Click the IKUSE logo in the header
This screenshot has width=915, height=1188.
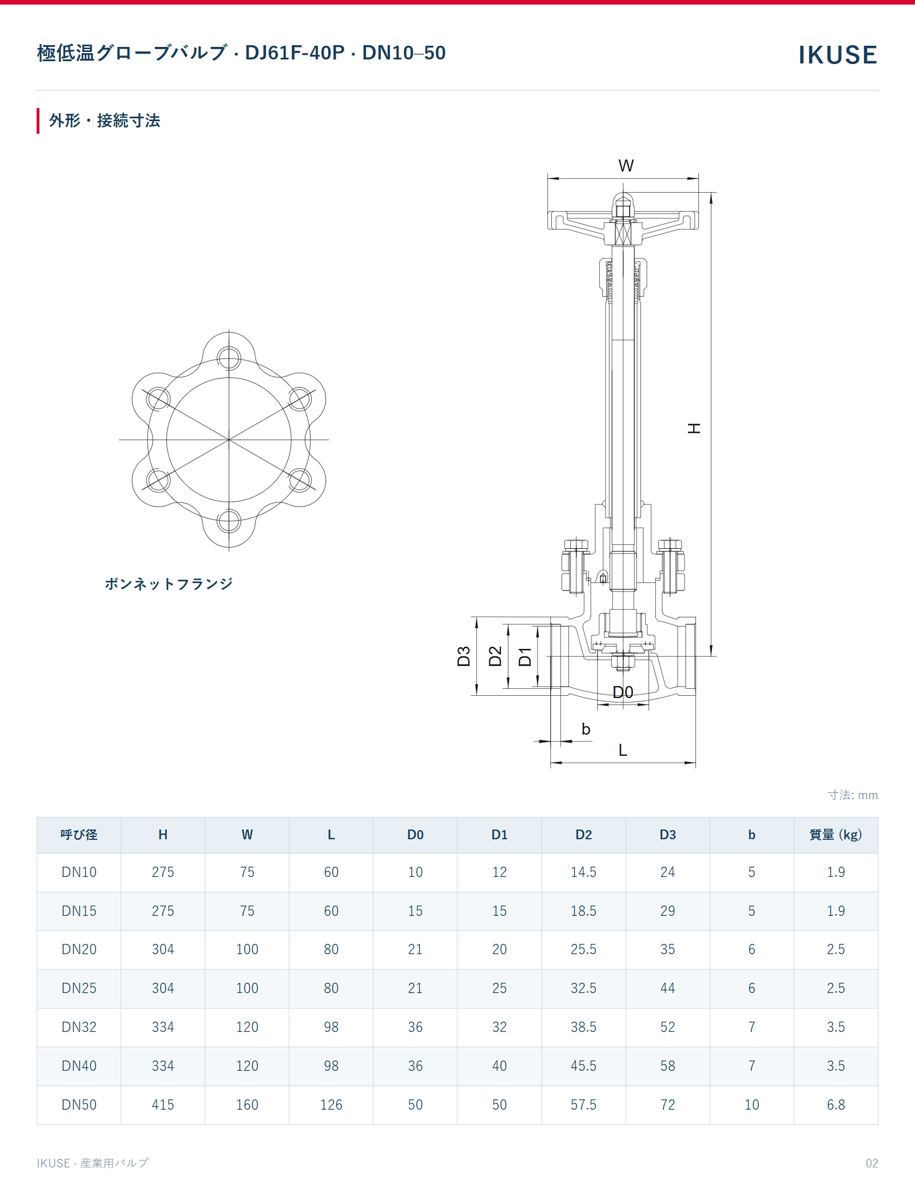pos(837,55)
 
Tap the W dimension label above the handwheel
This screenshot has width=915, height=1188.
pos(626,166)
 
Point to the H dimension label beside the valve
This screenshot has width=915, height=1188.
pos(694,428)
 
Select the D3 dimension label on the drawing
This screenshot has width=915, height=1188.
pos(464,656)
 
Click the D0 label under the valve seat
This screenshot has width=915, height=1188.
pos(623,692)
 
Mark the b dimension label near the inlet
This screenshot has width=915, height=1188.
pos(586,729)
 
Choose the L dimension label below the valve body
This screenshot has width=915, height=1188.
pos(623,750)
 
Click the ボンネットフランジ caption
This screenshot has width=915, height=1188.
pos(169,584)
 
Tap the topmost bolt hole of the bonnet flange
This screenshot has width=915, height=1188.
pos(229,358)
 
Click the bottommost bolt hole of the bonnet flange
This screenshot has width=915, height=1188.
pos(229,521)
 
